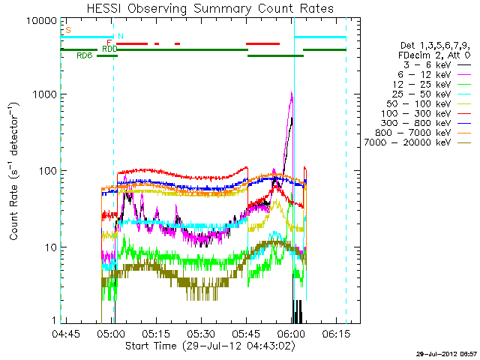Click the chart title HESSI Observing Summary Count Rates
click(199, 8)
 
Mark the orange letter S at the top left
click(68, 30)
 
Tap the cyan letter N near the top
click(121, 36)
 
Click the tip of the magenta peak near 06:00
click(291, 92)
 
